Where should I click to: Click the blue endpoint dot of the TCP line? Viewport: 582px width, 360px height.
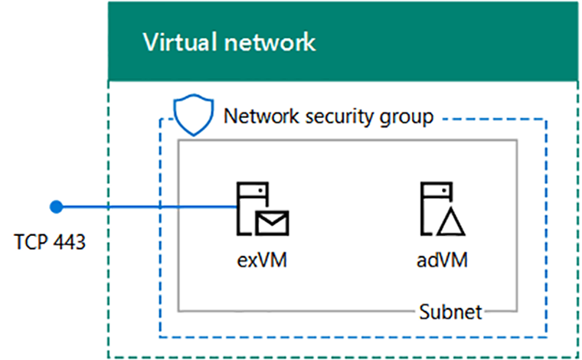pos(54,206)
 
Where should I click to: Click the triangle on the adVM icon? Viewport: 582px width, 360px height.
pos(450,223)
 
